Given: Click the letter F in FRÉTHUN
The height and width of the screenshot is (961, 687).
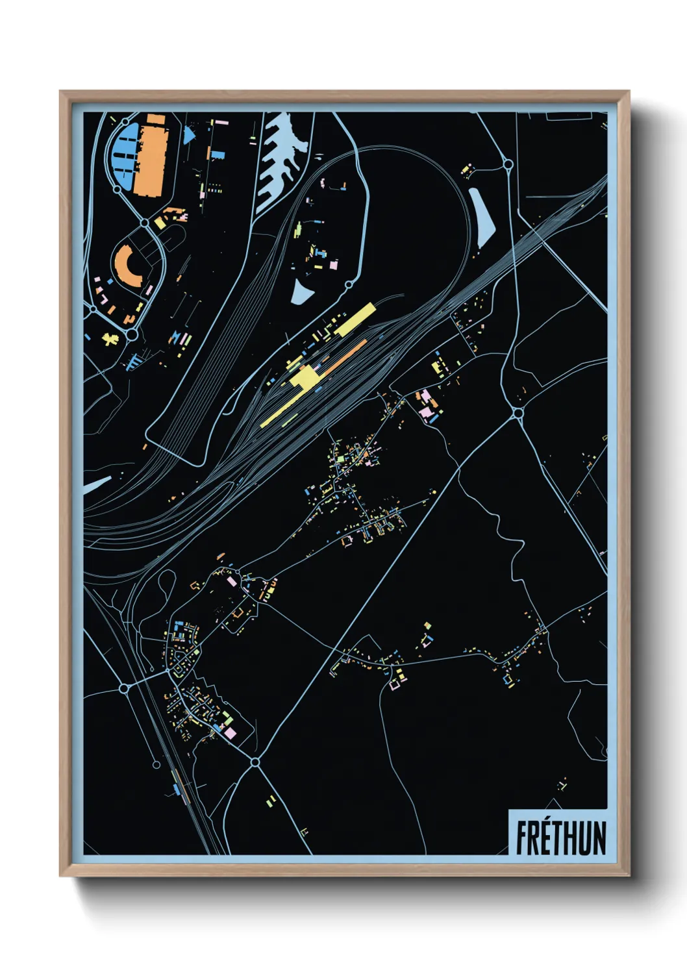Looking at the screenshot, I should click(521, 838).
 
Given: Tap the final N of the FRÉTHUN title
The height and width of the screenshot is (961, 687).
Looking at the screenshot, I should click(599, 838).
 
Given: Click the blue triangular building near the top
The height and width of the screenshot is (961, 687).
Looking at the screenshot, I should click(188, 135).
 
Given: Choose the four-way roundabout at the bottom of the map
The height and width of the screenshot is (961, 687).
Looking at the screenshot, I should click(255, 762).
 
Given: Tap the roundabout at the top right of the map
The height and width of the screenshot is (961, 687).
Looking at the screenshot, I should click(508, 165).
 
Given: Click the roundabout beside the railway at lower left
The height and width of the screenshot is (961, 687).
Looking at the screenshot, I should click(124, 687).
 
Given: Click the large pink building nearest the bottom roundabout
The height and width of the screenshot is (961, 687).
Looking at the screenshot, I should click(229, 732).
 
